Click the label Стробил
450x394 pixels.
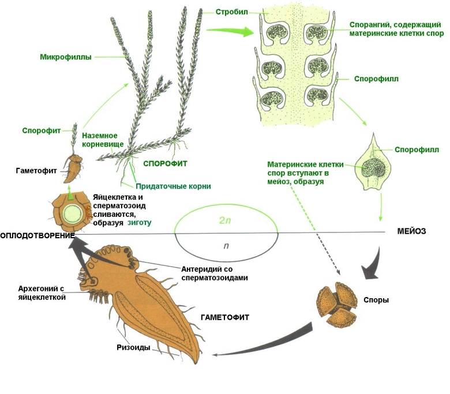point(232,12)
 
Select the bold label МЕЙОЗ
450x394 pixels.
point(411,231)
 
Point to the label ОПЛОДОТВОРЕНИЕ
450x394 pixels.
point(37,236)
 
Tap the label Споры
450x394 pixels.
point(377,300)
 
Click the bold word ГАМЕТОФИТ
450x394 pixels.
point(225,317)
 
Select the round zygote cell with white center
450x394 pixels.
point(73,212)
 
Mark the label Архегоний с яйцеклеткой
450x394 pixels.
point(37,292)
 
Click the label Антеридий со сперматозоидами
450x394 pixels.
point(215,273)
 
